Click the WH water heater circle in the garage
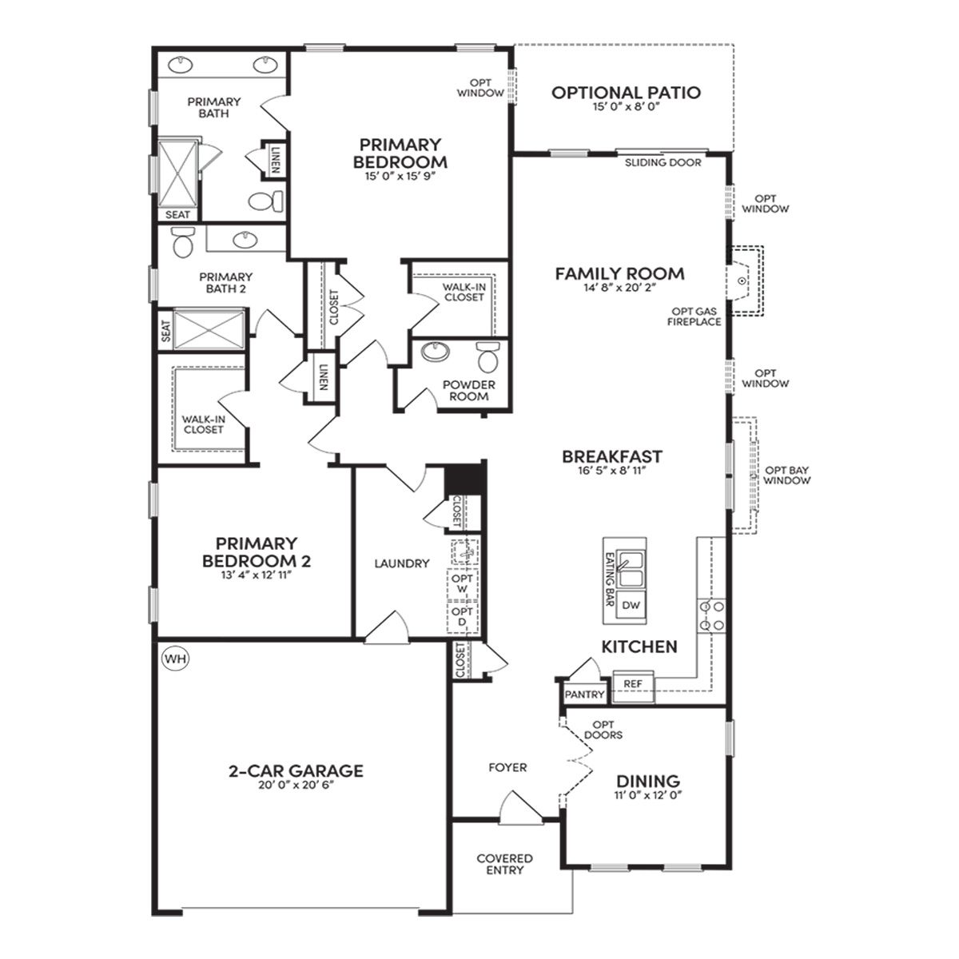point(176,659)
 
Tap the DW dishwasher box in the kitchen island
point(631,606)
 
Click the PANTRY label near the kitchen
point(585,694)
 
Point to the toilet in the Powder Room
point(487,356)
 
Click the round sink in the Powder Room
point(435,351)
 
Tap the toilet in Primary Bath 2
point(183,242)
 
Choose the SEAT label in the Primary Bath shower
point(177,214)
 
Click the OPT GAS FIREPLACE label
point(694,316)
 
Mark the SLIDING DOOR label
point(663,163)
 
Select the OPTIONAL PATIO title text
point(626,93)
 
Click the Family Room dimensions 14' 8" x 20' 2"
point(620,287)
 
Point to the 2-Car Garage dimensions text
point(296,785)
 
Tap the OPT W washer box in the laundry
point(463,584)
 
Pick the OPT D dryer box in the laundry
point(463,617)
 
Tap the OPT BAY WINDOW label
point(787,476)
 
